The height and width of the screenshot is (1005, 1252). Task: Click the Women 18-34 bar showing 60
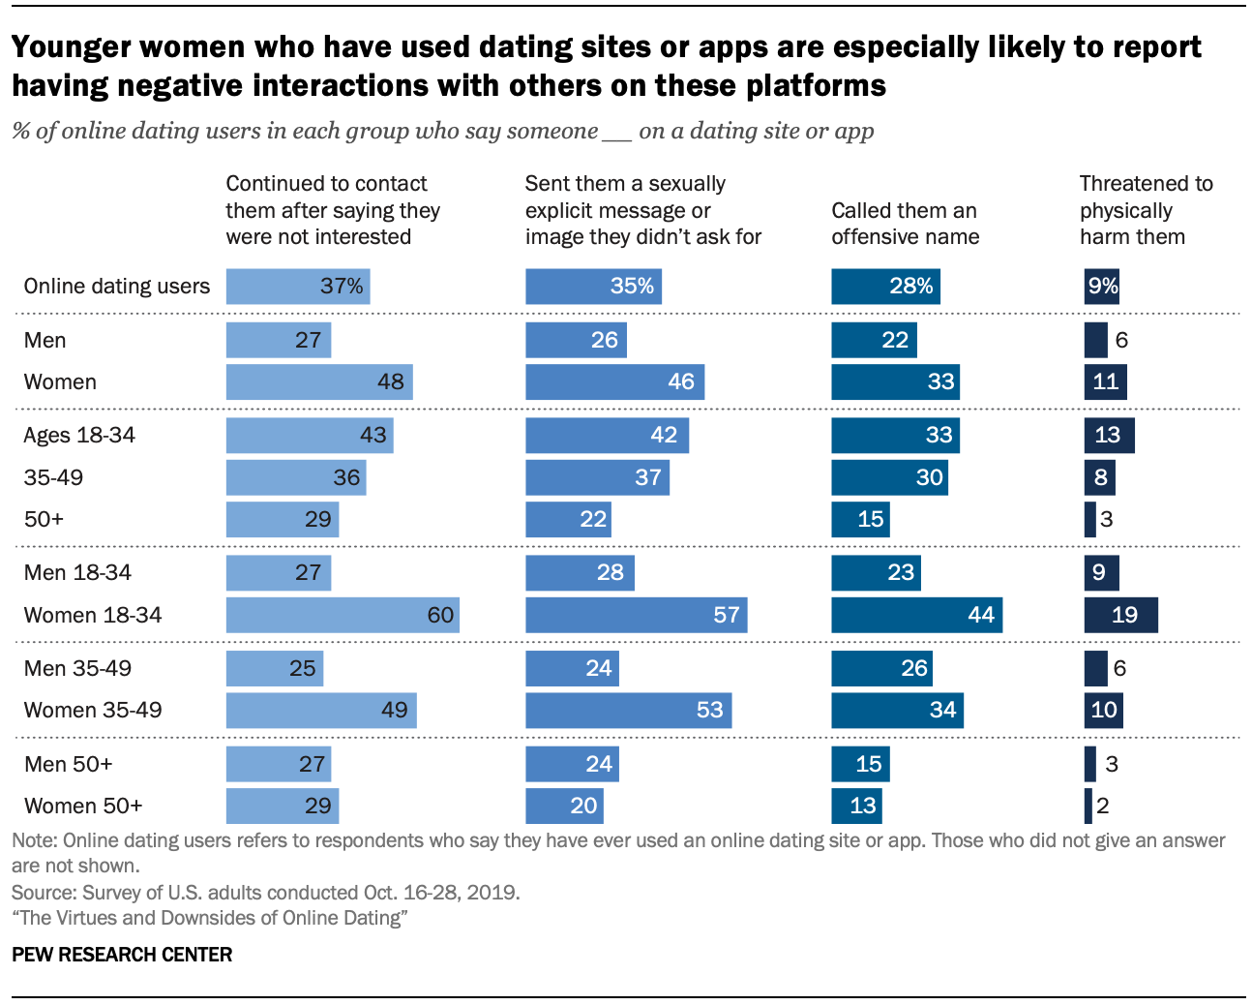(x=343, y=615)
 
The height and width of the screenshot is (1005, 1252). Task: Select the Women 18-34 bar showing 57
(x=636, y=615)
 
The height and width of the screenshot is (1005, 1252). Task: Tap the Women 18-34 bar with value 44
(x=916, y=615)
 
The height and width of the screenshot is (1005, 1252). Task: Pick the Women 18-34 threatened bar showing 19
(x=1120, y=615)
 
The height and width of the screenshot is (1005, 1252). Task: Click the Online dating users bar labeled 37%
(x=298, y=287)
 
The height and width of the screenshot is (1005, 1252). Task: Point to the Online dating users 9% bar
(x=1101, y=287)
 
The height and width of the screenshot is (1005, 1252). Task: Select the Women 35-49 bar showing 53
(x=628, y=710)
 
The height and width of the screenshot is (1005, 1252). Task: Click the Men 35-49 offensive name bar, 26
(x=881, y=668)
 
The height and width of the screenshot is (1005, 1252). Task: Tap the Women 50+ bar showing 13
(x=856, y=806)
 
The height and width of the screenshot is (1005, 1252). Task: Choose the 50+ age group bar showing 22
(x=568, y=519)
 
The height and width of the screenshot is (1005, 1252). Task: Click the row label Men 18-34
(x=77, y=572)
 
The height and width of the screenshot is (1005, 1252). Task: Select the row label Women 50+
(x=83, y=806)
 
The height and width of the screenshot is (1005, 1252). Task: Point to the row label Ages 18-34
(x=79, y=435)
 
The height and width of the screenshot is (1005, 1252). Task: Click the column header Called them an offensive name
(x=905, y=224)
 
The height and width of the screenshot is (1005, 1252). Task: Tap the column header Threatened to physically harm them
(x=1146, y=210)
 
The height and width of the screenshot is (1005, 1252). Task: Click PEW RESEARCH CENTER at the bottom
(x=122, y=955)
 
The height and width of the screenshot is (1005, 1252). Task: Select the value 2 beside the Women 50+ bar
(x=1103, y=806)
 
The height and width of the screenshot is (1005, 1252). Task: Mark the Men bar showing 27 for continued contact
(x=279, y=340)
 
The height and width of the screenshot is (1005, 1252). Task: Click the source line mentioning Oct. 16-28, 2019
(x=265, y=892)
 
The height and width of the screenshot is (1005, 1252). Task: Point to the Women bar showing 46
(x=614, y=381)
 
